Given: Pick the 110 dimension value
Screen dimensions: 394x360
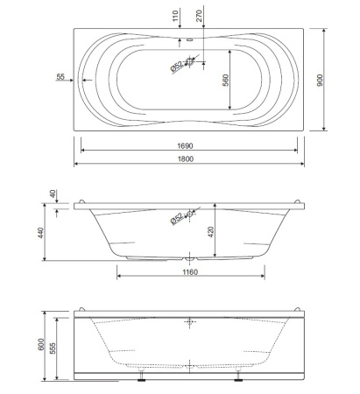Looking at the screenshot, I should tap(175, 15).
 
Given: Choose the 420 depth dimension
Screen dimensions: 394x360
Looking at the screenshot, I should tap(223, 232).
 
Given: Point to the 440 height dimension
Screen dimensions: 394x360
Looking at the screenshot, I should tap(40, 232).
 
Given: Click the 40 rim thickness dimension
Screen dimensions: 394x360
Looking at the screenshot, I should tap(53, 194).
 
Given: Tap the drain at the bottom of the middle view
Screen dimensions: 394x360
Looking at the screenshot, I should tap(191, 258).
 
